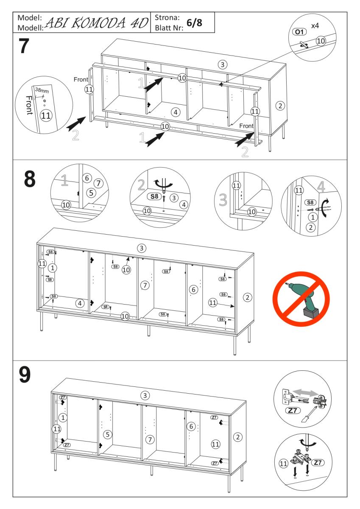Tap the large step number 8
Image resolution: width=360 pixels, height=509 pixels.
point(28,179)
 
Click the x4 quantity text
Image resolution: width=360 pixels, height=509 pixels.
point(315,26)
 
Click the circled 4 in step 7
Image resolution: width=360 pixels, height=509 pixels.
point(176,112)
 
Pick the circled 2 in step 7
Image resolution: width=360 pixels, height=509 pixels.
point(279,105)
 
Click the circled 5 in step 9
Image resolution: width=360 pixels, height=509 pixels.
point(108,434)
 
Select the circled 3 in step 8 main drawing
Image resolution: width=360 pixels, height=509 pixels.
point(142,248)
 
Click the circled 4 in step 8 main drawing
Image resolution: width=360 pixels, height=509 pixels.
point(79,303)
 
